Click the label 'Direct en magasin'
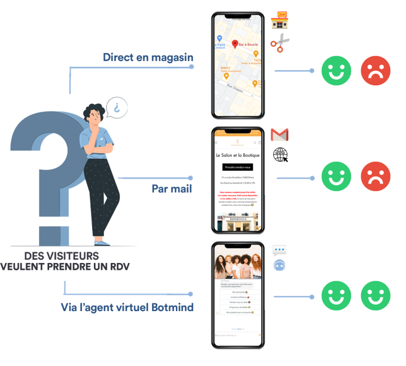[148, 57]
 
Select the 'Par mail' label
[172, 188]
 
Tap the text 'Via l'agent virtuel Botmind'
[127, 307]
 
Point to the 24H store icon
[279, 20]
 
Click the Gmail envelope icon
[279, 134]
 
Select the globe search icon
[279, 155]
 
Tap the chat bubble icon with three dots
[279, 250]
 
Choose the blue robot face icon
[279, 265]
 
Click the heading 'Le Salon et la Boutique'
[237, 154]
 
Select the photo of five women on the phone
[237, 265]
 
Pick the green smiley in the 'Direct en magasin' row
[336, 71]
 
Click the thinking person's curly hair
[94, 111]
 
